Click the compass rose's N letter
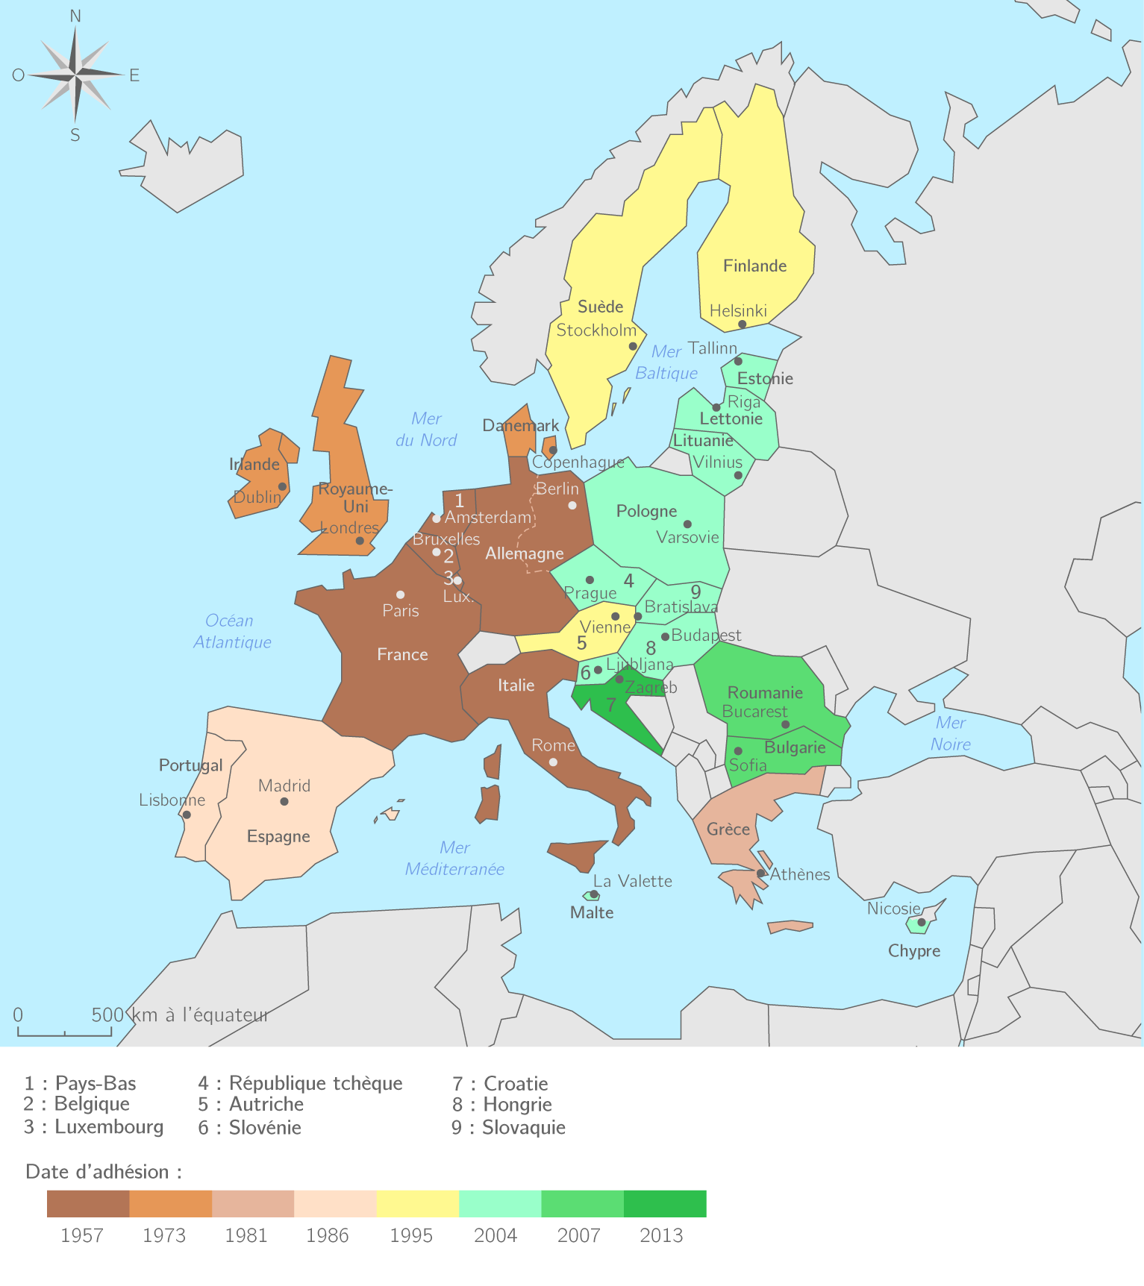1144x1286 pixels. point(75,16)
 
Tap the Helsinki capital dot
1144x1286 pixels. point(742,324)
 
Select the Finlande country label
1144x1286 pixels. point(754,266)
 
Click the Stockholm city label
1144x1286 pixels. point(596,330)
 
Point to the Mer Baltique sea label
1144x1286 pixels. point(666,363)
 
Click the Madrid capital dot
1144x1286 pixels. point(284,801)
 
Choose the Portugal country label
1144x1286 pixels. point(190,765)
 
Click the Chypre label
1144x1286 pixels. point(913,951)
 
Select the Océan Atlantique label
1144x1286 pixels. point(231,632)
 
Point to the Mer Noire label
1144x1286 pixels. point(950,733)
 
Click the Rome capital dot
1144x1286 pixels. point(553,762)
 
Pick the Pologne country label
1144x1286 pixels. point(646,512)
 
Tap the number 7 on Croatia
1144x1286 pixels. point(611,705)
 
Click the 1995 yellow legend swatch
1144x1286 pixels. point(418,1203)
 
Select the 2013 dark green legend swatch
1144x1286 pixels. point(665,1203)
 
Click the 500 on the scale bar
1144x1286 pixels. point(107,1015)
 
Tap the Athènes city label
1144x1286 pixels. point(800,875)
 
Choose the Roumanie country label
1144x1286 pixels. point(765,693)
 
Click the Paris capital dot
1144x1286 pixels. point(401,595)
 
